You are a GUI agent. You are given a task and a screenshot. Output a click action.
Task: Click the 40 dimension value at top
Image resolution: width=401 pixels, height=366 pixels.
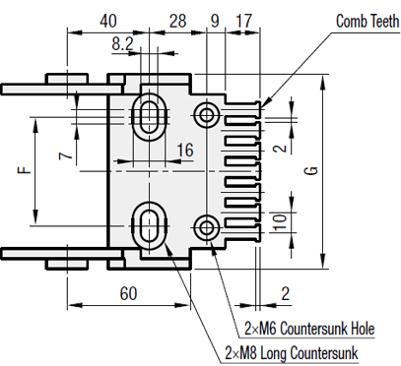(x=108, y=21)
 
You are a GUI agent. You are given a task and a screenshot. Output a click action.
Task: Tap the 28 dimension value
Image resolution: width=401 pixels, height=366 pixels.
(x=177, y=21)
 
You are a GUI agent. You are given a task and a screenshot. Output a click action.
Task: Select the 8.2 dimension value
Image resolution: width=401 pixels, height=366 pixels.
(x=122, y=43)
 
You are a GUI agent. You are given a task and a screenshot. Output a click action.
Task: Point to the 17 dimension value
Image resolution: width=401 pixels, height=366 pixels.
(x=244, y=21)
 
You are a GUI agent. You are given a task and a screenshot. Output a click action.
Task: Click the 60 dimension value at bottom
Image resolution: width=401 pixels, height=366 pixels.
(x=128, y=293)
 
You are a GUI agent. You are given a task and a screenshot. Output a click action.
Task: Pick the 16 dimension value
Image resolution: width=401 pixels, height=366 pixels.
(x=185, y=151)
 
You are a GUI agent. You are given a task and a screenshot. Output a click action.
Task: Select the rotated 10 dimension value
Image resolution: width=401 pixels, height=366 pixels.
(x=280, y=222)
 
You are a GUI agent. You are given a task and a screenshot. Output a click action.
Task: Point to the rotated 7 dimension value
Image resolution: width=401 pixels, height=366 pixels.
(x=66, y=154)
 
